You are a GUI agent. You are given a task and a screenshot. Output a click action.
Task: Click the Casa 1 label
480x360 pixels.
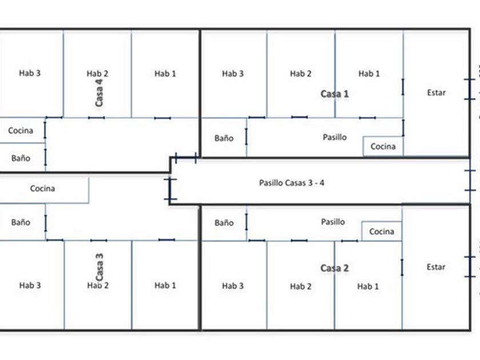[x=334, y=94]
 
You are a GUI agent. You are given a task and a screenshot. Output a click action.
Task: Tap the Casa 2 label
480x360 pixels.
[x=334, y=268]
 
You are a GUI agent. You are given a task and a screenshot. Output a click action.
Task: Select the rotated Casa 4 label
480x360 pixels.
[x=99, y=93]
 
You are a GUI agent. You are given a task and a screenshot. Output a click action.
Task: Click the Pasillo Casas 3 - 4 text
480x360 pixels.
[x=292, y=183]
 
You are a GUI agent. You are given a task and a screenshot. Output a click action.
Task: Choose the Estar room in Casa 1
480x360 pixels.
[x=436, y=93]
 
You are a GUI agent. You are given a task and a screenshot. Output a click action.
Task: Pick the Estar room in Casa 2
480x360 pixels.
[x=436, y=267]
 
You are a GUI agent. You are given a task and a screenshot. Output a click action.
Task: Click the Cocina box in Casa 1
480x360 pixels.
[x=382, y=146]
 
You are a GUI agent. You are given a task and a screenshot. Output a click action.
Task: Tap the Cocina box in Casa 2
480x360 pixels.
[x=381, y=231]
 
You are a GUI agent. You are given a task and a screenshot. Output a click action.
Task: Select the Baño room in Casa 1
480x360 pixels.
[x=224, y=138]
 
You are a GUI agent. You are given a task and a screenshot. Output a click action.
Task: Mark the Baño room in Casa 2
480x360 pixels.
[x=224, y=223]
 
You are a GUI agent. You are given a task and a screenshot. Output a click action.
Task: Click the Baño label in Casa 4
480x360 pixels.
[x=21, y=158]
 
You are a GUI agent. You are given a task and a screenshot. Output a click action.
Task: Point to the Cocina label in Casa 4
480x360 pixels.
[x=21, y=130]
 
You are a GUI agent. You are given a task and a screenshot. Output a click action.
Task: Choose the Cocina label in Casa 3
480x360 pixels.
[x=43, y=189]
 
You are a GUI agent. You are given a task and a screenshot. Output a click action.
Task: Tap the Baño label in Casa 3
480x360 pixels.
[x=21, y=222]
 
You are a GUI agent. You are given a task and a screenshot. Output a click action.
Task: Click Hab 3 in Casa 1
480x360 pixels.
[x=233, y=74]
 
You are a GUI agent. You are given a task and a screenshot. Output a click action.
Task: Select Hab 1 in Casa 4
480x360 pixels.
[x=165, y=73]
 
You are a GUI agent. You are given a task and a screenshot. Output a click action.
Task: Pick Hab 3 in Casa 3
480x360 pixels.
[x=30, y=285]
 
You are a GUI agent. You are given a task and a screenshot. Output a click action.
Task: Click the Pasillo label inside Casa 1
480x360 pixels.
[x=334, y=137]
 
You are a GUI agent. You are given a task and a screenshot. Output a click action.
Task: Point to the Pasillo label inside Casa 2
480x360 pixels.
[x=333, y=222]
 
